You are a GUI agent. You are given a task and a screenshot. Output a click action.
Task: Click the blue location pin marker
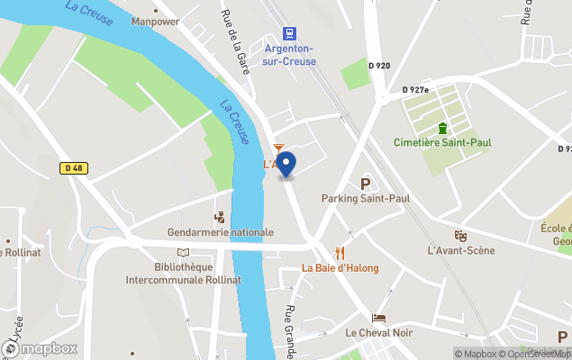tap(286, 164)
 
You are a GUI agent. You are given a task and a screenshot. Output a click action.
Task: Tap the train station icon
tap(289, 33)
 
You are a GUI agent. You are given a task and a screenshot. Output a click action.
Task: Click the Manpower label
tap(155, 21)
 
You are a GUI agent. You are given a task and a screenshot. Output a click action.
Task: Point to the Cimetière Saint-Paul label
tap(441, 143)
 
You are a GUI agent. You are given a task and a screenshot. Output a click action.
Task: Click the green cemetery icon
tap(441, 127)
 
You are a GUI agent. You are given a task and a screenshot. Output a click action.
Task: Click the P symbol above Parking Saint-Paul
tap(366, 184)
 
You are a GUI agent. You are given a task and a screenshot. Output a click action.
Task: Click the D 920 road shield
tap(379, 66)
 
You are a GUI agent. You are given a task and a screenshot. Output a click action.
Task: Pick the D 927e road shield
tap(416, 90)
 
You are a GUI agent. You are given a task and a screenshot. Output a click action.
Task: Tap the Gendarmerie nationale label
tap(220, 232)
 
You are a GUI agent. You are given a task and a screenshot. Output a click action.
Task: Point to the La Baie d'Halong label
tap(340, 268)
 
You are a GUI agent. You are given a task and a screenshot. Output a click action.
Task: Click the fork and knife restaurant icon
tap(340, 253)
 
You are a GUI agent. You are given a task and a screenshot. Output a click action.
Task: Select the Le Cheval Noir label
tap(379, 332)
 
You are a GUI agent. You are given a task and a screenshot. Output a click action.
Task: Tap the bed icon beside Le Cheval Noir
tap(379, 318)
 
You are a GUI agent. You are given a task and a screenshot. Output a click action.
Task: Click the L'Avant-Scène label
tap(460, 249)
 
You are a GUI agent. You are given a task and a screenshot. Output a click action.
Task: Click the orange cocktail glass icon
tap(278, 148)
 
